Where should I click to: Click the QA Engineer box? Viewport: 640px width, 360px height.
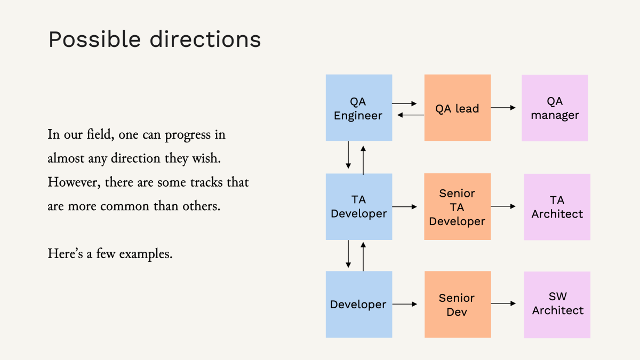pos(358,108)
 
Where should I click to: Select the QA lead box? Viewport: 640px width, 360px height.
pos(457,108)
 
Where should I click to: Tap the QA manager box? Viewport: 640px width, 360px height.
pos(555,108)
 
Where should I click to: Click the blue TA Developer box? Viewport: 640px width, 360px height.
pos(358,206)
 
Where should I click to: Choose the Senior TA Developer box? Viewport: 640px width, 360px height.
pos(457,206)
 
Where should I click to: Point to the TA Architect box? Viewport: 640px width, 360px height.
pos(557,206)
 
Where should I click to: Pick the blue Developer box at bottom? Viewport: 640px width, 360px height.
pos(358,304)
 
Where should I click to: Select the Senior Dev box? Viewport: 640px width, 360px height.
pos(457,304)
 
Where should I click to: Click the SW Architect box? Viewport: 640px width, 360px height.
pos(557,304)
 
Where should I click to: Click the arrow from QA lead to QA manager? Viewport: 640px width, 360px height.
pos(503,108)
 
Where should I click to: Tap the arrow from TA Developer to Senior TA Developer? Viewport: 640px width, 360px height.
pos(405,206)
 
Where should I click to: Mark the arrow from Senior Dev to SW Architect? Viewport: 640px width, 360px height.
pos(503,303)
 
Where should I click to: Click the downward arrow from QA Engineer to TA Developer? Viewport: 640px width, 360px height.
pos(348,155)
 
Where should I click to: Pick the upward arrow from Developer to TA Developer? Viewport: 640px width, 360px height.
pos(363,255)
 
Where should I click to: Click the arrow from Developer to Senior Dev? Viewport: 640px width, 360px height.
pos(405,304)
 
